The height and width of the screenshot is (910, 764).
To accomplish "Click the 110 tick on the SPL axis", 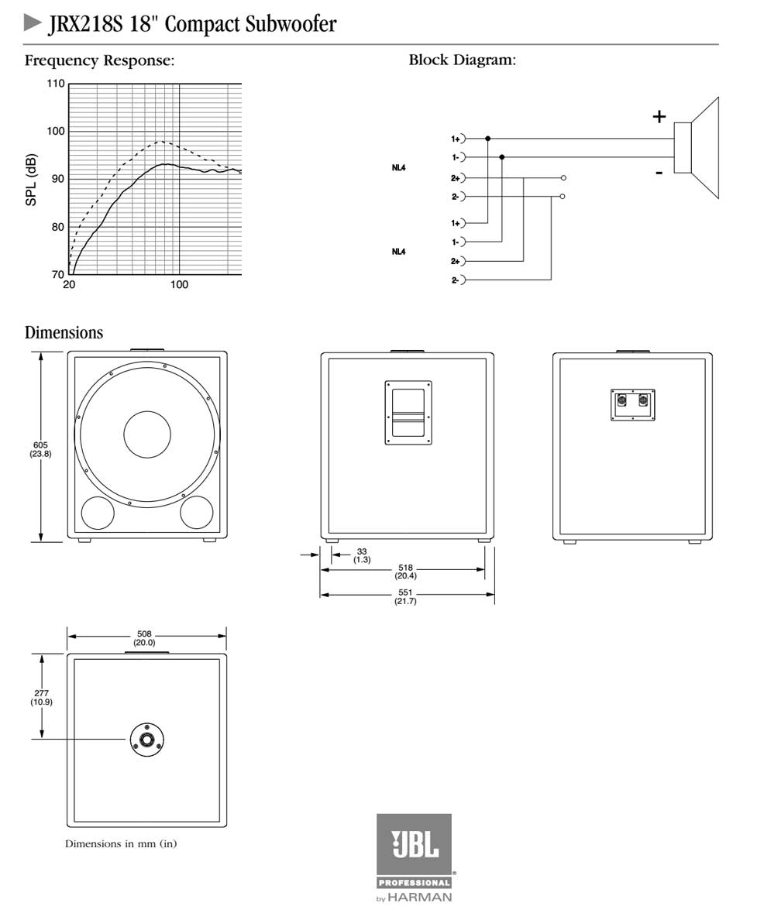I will tap(55, 84).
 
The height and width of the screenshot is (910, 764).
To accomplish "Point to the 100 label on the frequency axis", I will tap(179, 285).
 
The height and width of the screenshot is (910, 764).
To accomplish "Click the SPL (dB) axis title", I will tap(32, 180).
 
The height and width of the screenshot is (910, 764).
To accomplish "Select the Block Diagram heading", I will tap(462, 60).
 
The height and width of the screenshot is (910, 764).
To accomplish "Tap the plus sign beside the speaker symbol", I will tap(659, 117).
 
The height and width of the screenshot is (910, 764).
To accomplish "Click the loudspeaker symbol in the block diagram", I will tap(697, 148).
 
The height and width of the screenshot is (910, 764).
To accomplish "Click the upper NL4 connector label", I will tap(398, 167).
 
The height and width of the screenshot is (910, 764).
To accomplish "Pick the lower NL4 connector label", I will tap(398, 251).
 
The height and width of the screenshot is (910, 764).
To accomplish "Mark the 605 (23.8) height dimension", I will tap(40, 448).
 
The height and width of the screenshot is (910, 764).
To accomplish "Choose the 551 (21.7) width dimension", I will tap(405, 596).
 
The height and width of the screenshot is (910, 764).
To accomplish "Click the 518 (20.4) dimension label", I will tap(405, 572).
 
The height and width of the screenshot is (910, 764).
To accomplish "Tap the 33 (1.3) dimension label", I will tap(362, 555).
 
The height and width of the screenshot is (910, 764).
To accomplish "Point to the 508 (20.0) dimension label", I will tap(144, 638).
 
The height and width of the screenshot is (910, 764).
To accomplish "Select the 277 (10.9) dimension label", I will tap(41, 697).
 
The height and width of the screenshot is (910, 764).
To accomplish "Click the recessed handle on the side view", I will tap(408, 412).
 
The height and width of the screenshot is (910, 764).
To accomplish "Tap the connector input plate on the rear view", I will tap(632, 403).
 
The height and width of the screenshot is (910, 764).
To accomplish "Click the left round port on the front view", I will tap(98, 512).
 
